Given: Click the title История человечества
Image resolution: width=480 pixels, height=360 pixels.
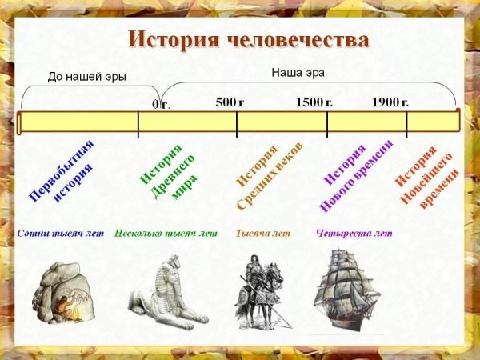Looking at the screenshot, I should point(249,40).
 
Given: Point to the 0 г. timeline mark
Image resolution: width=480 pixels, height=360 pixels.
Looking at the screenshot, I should point(161,104).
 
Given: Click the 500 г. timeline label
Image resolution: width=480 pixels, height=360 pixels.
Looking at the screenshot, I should point(231,102).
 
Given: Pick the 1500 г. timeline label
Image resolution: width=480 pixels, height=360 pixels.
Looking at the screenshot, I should point(314,102).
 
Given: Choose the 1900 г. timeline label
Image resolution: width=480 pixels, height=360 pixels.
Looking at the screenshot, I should point(390,102).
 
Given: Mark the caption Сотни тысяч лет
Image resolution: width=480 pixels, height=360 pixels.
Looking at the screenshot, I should point(61,234).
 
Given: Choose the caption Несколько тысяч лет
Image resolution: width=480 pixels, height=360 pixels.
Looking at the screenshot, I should point(166,234).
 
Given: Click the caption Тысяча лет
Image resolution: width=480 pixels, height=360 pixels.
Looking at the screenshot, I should point(262,234).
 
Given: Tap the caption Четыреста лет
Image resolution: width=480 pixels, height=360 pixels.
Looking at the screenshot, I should point(354,234).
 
